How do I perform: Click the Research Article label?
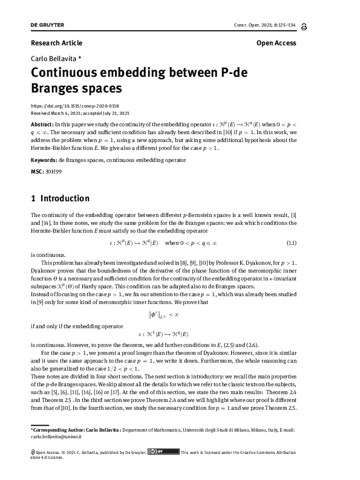[56, 43]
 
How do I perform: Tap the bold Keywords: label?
[44, 160]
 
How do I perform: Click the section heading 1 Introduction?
[60, 199]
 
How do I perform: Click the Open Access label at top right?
[276, 43]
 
